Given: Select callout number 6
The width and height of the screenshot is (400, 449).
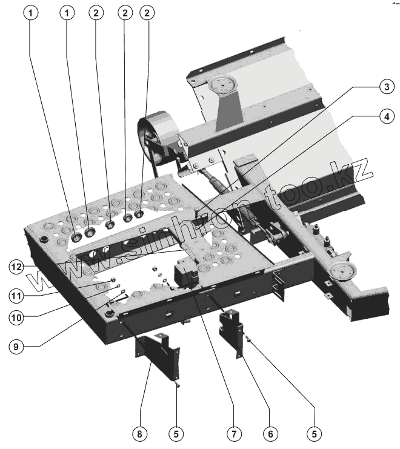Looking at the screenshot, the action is [x=270, y=433].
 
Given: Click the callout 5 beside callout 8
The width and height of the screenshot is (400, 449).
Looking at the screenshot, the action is [x=176, y=433].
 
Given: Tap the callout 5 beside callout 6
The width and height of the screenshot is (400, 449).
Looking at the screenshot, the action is [x=314, y=433].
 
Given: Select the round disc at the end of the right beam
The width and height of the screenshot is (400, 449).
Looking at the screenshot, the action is [x=344, y=272].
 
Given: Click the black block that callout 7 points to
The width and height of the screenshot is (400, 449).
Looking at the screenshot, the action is [x=185, y=274].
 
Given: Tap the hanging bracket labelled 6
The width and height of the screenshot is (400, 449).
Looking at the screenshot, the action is [x=232, y=331].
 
